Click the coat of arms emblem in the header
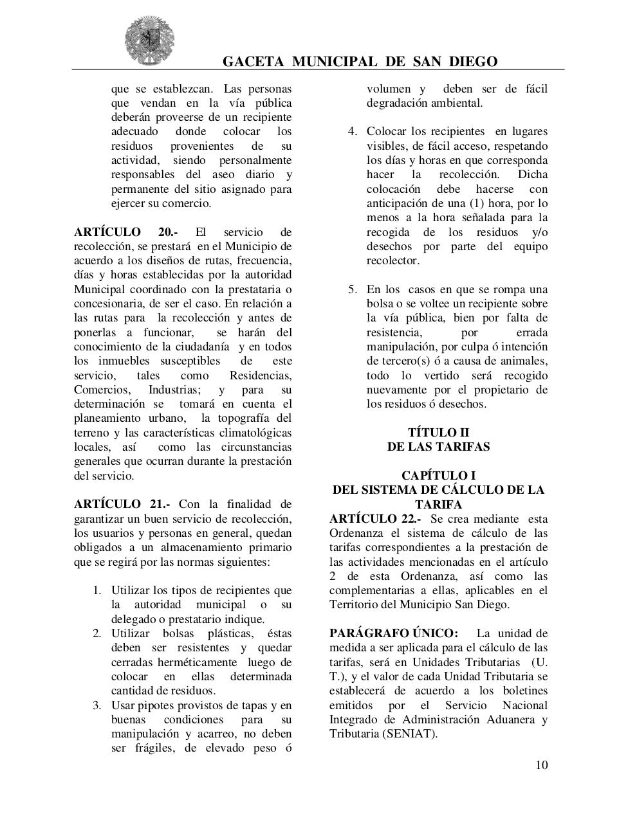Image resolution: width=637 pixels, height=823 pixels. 149,40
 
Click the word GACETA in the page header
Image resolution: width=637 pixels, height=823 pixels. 253,62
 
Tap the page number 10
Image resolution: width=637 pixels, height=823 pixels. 541,764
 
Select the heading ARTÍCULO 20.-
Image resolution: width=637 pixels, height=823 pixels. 126,232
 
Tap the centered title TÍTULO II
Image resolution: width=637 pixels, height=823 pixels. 438,433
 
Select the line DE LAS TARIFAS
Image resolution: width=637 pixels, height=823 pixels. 438,447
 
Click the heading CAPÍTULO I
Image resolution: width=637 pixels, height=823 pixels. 438,476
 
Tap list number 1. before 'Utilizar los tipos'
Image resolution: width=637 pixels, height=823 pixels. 97,590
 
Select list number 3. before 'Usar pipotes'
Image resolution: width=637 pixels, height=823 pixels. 97,705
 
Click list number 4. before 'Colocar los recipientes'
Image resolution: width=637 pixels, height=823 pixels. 353,132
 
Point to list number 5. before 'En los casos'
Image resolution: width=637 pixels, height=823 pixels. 353,289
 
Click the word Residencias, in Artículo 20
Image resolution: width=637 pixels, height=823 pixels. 260,375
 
